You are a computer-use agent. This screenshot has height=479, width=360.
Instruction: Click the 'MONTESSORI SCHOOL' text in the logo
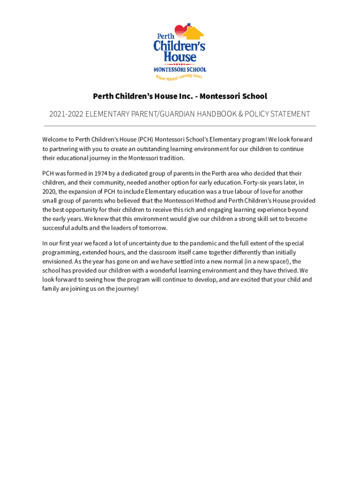pyautogui.click(x=180, y=69)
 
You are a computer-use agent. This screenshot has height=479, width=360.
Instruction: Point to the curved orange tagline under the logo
pyautogui.click(x=179, y=77)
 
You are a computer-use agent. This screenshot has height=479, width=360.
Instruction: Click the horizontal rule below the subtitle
pyautogui.click(x=180, y=126)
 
